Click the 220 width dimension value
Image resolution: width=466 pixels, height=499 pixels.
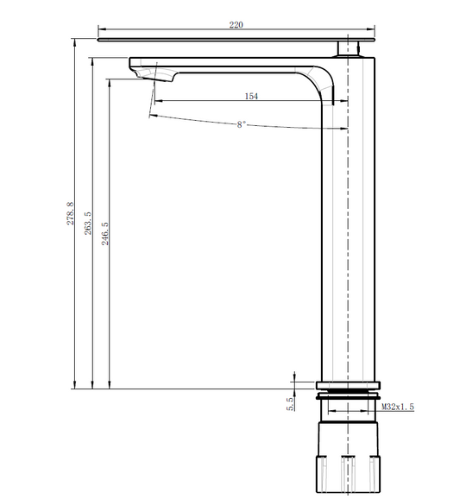[236, 25]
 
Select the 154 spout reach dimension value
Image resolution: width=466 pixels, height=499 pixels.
[251, 96]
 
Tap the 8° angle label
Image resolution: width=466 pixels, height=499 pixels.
[242, 124]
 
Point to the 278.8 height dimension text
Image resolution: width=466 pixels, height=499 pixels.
[70, 213]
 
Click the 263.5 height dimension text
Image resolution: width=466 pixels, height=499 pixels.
[87, 224]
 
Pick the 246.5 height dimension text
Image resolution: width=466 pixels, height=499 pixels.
[105, 234]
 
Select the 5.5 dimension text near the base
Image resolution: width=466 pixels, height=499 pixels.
[291, 404]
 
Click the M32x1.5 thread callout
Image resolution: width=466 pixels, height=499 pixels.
[398, 407]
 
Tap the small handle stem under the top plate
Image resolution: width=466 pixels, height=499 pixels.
[348, 48]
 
